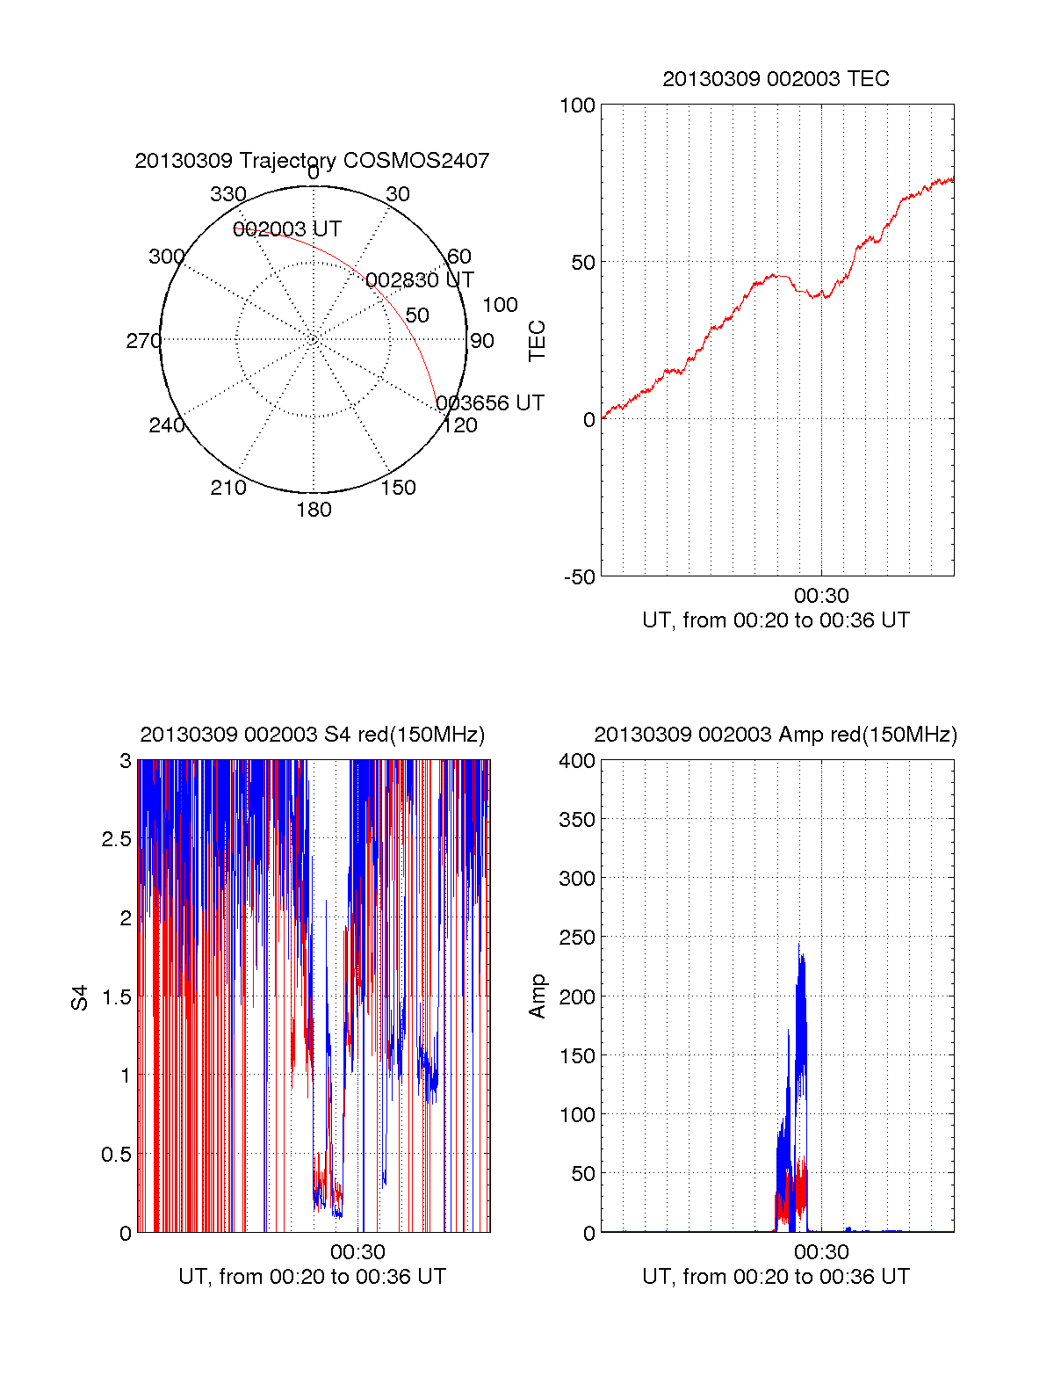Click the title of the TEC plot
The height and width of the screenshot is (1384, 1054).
[776, 79]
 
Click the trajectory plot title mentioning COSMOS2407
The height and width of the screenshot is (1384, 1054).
[312, 161]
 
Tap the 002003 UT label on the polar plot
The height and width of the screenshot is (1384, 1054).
[287, 229]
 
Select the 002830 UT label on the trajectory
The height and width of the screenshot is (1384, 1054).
[420, 280]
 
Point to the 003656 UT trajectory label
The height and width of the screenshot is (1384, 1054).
[490, 403]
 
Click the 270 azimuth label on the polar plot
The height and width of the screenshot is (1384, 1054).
[143, 341]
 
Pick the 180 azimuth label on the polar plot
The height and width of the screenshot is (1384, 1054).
[314, 510]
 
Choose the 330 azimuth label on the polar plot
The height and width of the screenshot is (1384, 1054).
[227, 194]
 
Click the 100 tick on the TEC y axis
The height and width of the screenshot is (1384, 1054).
[577, 106]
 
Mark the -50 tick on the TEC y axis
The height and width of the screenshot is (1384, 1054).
[579, 577]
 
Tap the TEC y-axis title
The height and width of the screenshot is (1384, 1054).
[537, 341]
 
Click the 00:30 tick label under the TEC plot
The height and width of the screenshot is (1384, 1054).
[821, 597]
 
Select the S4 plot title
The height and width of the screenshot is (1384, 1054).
[312, 735]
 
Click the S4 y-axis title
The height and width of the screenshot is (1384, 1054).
[80, 997]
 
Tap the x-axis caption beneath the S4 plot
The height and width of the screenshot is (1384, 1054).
[312, 1277]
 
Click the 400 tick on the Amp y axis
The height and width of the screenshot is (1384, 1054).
[577, 761]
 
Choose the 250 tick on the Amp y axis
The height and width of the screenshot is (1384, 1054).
[577, 938]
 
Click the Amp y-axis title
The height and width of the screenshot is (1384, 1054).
[537, 996]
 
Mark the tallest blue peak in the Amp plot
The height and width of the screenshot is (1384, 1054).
[798, 946]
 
